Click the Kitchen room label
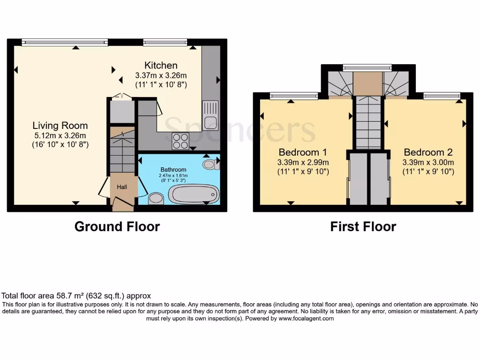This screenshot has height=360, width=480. [x=161, y=65]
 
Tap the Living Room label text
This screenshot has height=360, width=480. [x=60, y=125]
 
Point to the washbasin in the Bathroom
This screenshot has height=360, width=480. [x=155, y=200]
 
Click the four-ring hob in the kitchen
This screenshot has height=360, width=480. [x=180, y=141]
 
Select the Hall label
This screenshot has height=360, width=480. [x=122, y=187]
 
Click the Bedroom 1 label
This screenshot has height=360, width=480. [x=302, y=152]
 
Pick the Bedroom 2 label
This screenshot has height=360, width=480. [x=428, y=152]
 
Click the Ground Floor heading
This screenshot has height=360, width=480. [x=117, y=227]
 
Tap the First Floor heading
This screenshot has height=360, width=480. [x=363, y=227]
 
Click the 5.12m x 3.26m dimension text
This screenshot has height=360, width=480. [x=60, y=135]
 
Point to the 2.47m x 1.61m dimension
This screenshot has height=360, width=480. [x=173, y=175]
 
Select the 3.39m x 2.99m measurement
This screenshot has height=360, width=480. [x=302, y=162]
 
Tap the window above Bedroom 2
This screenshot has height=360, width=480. [x=442, y=96]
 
